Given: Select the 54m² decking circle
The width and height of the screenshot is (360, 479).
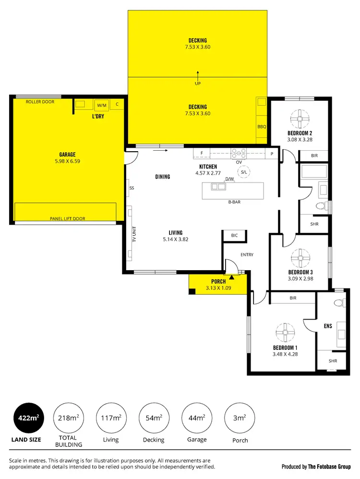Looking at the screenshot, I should [x=154, y=418].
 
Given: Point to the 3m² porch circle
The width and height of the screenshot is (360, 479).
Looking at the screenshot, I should [x=240, y=418].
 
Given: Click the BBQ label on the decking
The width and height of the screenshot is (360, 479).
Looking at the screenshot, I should [x=262, y=127].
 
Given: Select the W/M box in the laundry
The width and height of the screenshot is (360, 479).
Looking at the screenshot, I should [x=102, y=105].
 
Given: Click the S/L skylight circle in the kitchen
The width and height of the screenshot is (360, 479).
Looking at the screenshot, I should [x=244, y=172].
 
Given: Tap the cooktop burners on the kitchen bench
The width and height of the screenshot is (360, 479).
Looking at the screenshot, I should [x=239, y=154].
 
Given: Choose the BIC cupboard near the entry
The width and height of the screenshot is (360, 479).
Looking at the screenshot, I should [x=234, y=236].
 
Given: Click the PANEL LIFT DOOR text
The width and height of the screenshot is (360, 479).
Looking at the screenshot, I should [x=68, y=219].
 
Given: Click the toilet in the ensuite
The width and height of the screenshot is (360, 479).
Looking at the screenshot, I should [x=339, y=303].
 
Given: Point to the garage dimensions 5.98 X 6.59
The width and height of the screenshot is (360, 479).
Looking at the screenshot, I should [x=68, y=162].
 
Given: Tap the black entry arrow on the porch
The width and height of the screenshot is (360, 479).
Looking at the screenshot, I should [x=232, y=277].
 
